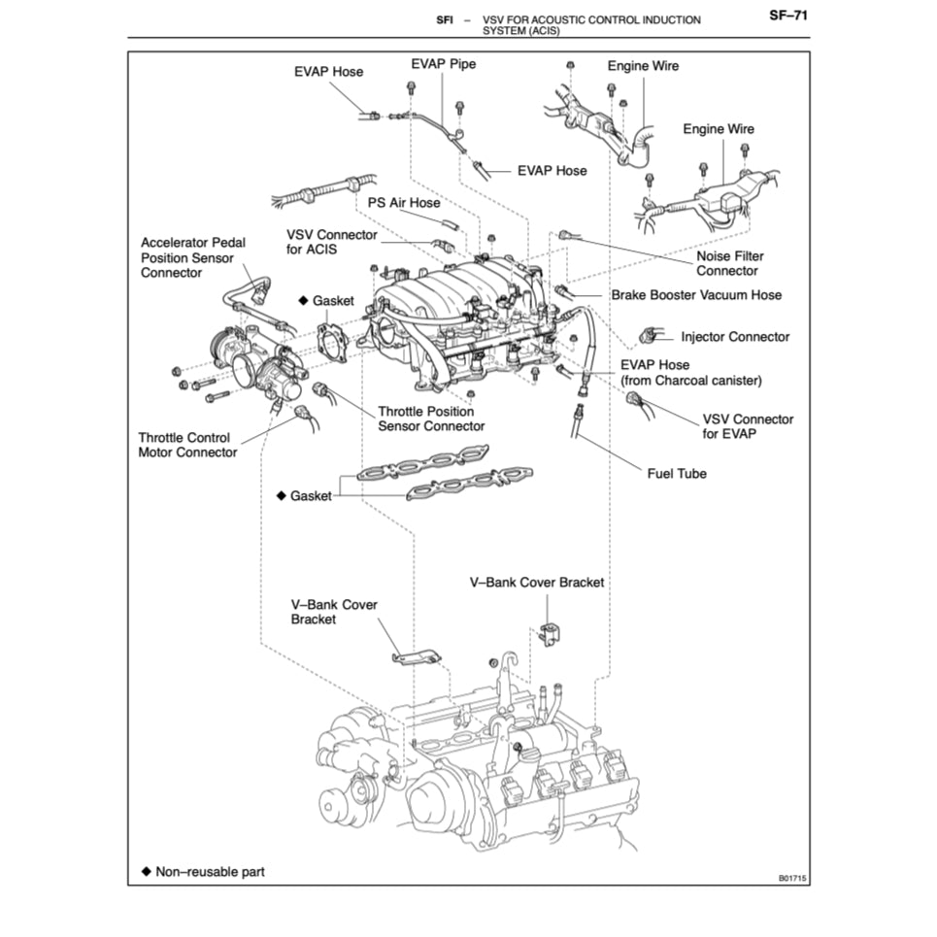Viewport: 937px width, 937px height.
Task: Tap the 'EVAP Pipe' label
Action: pos(443,64)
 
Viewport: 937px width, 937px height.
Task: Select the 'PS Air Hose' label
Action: pos(403,203)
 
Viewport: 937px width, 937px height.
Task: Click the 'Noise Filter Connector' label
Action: pos(729,263)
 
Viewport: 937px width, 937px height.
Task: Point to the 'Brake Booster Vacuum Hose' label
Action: pos(695,294)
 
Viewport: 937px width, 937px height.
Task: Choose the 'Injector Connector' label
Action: pos(735,337)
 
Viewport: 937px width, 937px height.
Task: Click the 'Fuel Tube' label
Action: pos(677,474)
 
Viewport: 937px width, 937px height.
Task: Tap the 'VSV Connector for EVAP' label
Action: pos(747,426)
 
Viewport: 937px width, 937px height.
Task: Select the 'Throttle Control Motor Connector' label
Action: pos(187,445)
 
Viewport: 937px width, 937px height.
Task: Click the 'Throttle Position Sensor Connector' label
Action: pos(431,418)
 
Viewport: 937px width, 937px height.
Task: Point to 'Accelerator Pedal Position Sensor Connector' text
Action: pos(192,257)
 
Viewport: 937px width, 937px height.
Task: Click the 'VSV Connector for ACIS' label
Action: pos(331,243)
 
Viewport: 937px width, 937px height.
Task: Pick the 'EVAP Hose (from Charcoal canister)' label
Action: pos(690,373)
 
